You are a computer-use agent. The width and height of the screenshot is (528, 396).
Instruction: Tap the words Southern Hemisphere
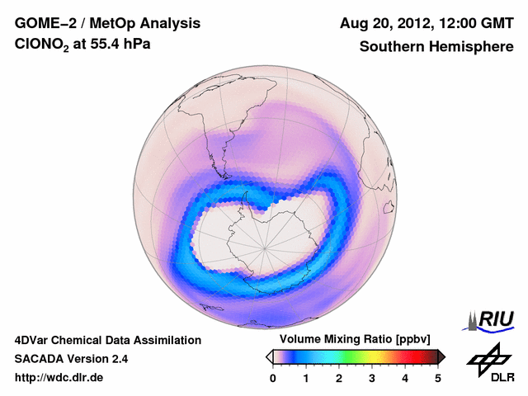point(436,47)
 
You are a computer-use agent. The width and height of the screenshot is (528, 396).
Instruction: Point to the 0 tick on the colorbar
point(273,378)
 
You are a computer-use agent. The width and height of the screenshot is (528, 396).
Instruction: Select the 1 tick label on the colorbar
point(306,378)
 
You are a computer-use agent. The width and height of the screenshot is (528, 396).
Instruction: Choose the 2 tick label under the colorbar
point(339,378)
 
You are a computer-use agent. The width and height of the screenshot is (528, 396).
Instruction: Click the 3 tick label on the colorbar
point(372,378)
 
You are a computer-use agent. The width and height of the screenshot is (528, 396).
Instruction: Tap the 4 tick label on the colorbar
point(405,378)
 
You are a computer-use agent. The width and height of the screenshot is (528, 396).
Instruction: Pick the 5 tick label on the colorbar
point(438,378)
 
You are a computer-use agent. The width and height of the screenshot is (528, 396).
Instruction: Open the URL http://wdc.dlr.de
point(59,378)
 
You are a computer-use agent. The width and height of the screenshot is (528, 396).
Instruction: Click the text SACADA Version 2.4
point(71,359)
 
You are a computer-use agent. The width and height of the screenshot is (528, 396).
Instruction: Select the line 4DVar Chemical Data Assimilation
point(107,340)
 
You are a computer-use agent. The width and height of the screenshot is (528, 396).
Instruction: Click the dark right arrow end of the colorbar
point(441,356)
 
